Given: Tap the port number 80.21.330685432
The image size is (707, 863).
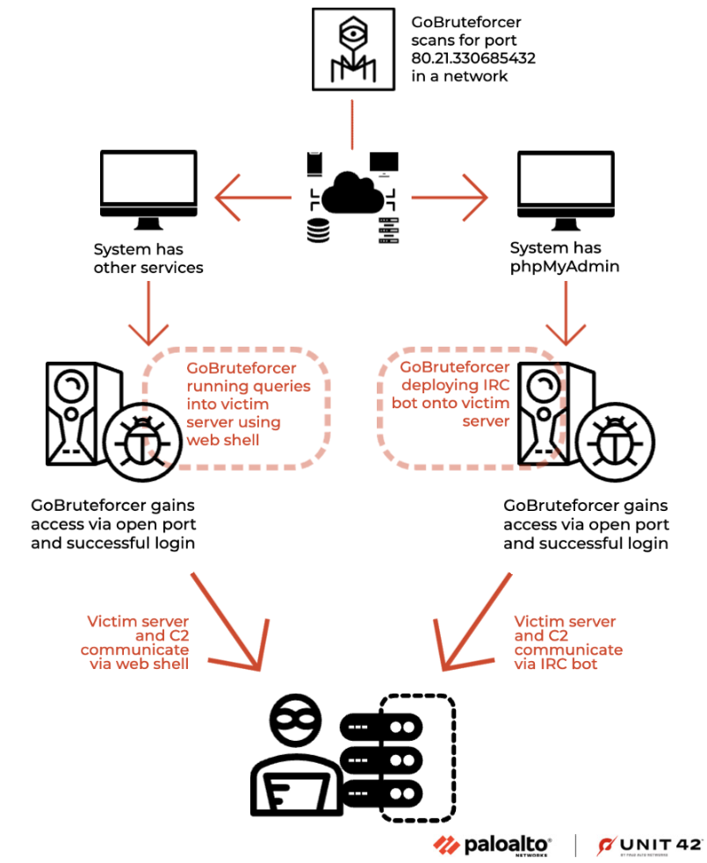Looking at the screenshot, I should click(473, 59).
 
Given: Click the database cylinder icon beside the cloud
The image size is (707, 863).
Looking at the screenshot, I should click(317, 231).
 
